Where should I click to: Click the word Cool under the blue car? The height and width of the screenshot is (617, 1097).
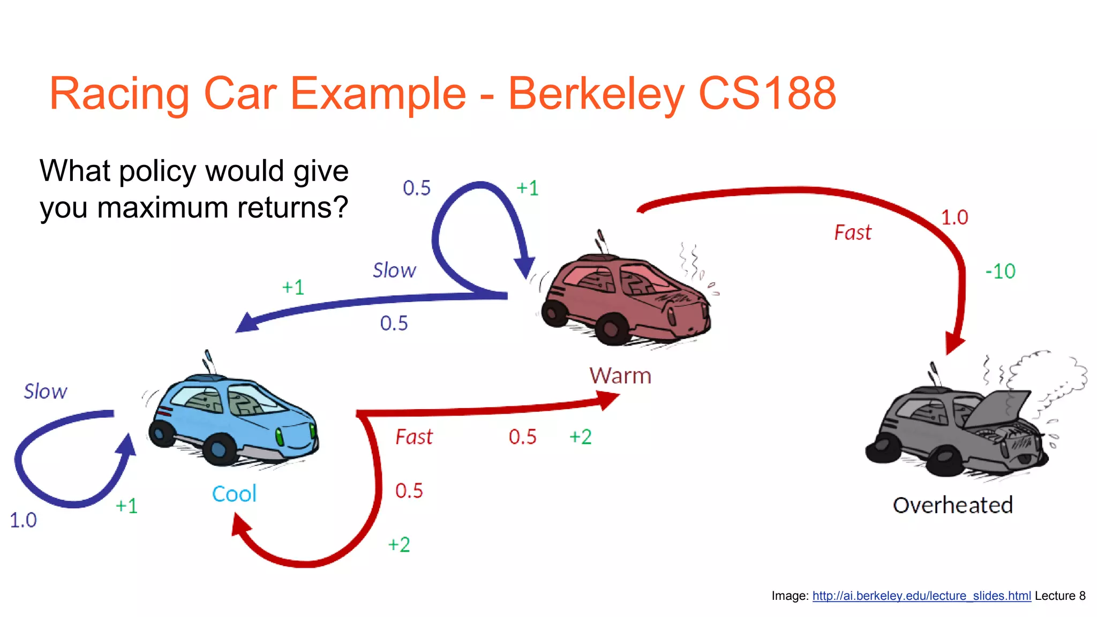[x=234, y=494]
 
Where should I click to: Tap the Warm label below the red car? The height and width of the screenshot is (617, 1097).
[x=620, y=376]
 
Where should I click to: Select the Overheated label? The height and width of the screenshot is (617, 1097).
[x=952, y=505]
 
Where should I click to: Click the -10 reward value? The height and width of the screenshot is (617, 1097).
[x=1000, y=271]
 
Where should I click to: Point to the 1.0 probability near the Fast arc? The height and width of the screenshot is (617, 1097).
[x=955, y=217]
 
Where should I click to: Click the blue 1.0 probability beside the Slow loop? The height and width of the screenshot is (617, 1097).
[x=23, y=520]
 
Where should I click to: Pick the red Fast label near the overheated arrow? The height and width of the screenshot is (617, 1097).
[x=853, y=232]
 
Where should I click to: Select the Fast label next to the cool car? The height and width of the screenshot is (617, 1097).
[x=414, y=437]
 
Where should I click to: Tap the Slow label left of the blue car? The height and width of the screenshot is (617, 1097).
[x=46, y=392]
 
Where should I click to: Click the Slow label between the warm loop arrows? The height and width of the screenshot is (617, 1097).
[x=394, y=270]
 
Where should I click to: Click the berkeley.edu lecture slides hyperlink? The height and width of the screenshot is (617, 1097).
[x=921, y=596]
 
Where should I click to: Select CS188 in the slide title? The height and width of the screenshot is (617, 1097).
[x=767, y=94]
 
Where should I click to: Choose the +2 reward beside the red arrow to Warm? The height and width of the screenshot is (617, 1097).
[x=580, y=437]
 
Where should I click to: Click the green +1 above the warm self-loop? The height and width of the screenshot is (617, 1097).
[x=527, y=188]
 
